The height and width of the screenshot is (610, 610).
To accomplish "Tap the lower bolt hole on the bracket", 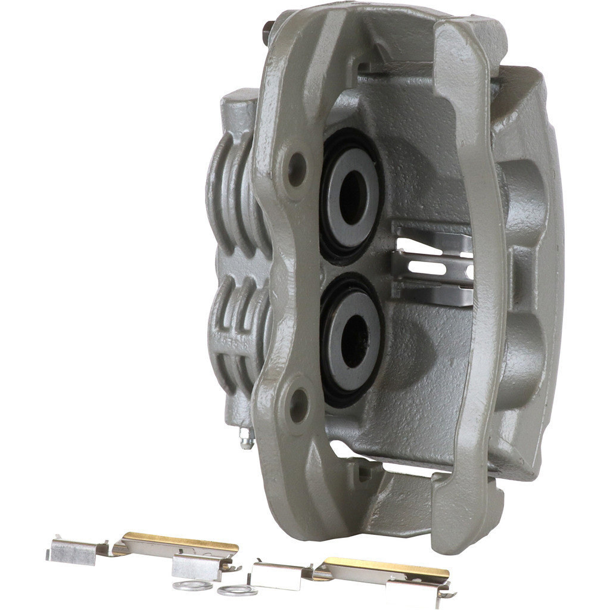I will (298, 406).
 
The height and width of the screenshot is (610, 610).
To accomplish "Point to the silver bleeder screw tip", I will (246, 441).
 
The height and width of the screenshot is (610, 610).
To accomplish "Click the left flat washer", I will (192, 585).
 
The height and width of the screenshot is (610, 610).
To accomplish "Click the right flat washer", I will (237, 590).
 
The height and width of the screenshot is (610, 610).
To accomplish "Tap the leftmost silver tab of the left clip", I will (71, 551).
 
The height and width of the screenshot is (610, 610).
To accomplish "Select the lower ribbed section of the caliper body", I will (235, 334).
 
